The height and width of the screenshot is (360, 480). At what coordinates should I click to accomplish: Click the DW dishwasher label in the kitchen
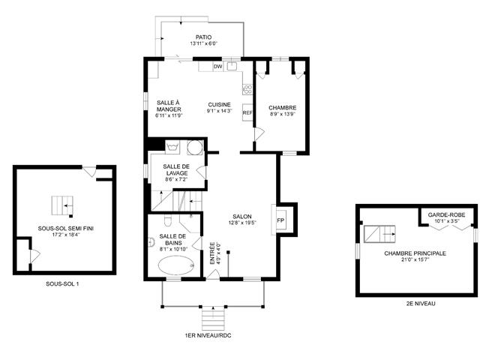pos(217,67)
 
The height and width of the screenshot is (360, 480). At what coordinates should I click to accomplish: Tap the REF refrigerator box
pos(247,112)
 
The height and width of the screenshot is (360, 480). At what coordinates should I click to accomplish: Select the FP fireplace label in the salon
pos(280,220)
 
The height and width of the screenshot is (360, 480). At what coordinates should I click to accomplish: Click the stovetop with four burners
pos(247,90)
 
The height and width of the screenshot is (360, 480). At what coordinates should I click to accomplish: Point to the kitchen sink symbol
pos(232,67)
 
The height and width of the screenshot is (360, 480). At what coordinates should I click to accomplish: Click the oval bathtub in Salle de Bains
pos(176,265)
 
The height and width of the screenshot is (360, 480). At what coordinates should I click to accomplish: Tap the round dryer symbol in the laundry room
pos(194,147)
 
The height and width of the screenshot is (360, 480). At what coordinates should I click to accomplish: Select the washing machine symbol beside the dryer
pos(172,147)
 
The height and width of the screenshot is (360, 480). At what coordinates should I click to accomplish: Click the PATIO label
pos(203,37)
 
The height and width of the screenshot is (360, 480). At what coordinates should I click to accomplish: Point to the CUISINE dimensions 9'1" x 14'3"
pos(220,111)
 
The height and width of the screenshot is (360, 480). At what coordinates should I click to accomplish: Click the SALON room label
pos(241,217)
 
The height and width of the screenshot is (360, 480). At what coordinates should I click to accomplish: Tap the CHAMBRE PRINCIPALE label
pos(415,253)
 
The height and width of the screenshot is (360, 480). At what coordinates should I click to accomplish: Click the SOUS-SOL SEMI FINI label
pos(66,228)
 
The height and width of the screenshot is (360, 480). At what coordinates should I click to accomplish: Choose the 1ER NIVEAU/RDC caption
pos(208,335)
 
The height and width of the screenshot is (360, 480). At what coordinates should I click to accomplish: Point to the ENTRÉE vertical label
pos(211,253)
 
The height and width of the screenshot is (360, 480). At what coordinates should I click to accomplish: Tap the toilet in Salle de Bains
pos(167,220)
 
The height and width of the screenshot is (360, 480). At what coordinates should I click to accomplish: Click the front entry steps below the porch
pos(213,319)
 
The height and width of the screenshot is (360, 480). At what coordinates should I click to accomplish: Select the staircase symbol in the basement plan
pos(63,205)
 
